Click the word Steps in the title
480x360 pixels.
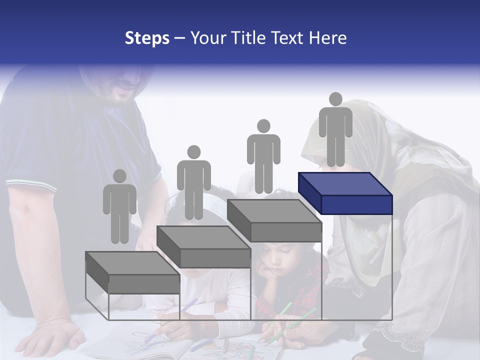(x=147, y=38)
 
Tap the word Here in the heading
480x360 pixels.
(x=328, y=38)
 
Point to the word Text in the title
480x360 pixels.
(x=288, y=38)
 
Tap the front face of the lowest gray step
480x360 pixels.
(x=144, y=284)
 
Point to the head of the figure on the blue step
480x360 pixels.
(x=335, y=99)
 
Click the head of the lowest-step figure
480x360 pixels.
(x=119, y=176)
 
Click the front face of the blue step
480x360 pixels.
(x=356, y=204)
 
